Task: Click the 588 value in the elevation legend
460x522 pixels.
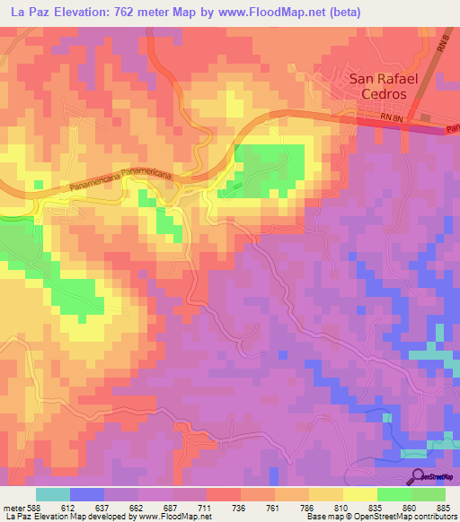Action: pyautogui.click(x=33, y=508)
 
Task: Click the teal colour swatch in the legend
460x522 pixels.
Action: pyautogui.click(x=52, y=494)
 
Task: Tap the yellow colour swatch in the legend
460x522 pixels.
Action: pyautogui.click(x=359, y=494)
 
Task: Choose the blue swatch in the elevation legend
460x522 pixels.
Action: pyautogui.click(x=87, y=494)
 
